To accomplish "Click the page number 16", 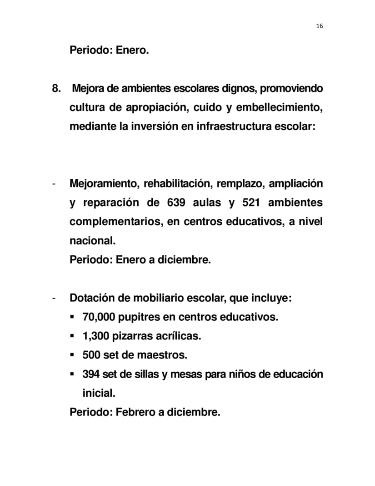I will point(319,26).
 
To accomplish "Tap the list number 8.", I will point(56,88).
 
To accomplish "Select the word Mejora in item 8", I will point(88,88).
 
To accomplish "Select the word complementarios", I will point(115,222).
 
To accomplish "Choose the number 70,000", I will point(99,317).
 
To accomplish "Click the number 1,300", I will point(95,336).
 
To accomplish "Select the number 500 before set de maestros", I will point(91,355).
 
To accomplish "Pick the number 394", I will point(91,374).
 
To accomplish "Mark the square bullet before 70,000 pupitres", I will point(72,317).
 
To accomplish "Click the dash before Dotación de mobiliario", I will point(54,299).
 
